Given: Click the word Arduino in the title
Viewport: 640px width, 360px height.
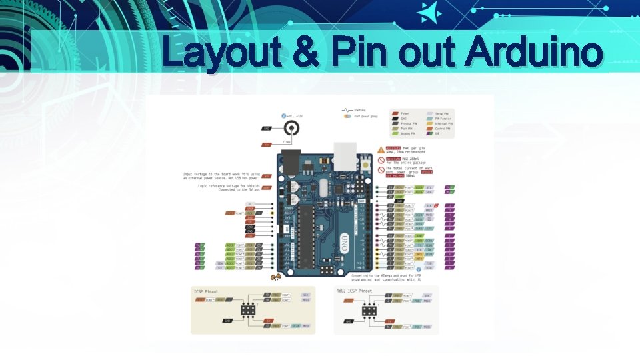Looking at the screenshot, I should point(535,53).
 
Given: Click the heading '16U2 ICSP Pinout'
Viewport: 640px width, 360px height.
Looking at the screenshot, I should point(354,292).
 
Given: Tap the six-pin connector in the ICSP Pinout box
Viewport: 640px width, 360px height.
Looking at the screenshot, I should point(247,311).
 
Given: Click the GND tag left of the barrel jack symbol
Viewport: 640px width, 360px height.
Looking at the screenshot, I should point(267,128).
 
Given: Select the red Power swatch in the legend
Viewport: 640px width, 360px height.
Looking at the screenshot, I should point(395,113).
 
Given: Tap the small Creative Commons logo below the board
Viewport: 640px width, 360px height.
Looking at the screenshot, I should point(275,276).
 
